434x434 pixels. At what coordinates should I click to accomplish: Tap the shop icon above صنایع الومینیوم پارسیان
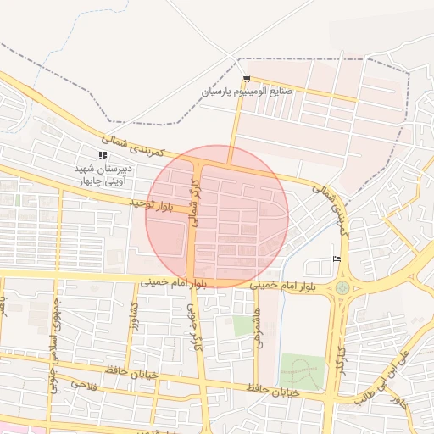coord(247,78)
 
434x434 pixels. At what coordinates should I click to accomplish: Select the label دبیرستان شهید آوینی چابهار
coord(101,175)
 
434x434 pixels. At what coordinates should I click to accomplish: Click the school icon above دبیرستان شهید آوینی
coord(103,155)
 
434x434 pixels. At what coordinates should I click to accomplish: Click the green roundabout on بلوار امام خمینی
coord(342,287)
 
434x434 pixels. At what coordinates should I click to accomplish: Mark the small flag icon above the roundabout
coord(337,259)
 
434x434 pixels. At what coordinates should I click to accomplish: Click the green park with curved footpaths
coord(302,372)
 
